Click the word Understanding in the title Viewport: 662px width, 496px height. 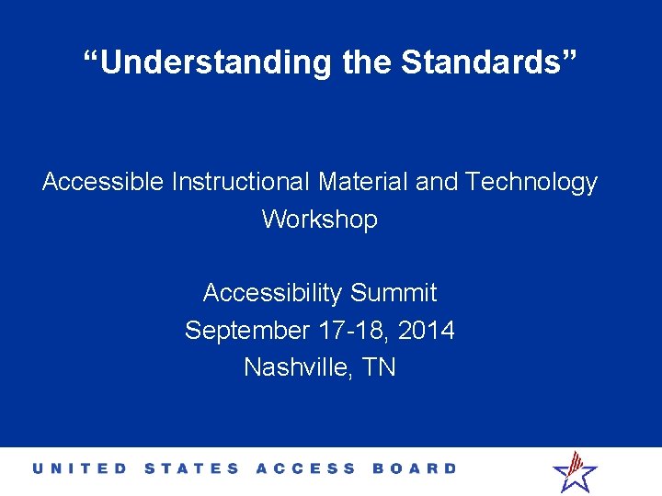coord(215,62)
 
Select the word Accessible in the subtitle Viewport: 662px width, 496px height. coord(103,183)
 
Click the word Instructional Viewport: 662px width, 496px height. coord(241,183)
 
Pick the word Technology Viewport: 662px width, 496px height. coord(531,183)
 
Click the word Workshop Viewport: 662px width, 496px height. coord(320,220)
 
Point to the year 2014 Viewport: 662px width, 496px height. coord(427,330)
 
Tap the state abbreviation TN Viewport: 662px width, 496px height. coord(379,367)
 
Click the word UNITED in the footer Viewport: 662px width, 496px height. coord(81,468)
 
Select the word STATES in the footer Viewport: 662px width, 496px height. coord(191,468)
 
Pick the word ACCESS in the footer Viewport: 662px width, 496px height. coord(305,468)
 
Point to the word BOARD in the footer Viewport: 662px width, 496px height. coord(414,468)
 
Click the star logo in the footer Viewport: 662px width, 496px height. coord(575,471)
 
